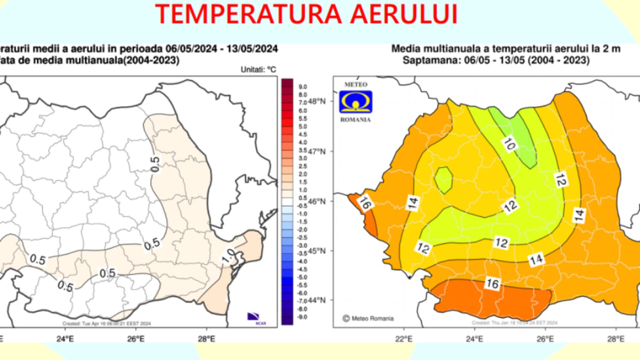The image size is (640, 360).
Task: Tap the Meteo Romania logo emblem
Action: point(356,102)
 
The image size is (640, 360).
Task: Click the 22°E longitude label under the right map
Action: point(404,339)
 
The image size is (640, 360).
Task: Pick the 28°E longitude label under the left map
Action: point(206,339)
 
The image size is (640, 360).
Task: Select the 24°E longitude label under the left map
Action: point(65,339)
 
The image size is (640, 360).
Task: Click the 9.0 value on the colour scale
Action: point(302,87)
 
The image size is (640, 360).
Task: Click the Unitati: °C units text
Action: point(258,70)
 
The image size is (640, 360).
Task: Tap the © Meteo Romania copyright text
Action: point(368,318)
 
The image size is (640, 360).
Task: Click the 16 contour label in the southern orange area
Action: point(493,284)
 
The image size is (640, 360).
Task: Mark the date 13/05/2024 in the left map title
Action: point(252,49)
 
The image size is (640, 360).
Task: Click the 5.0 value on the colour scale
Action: point(302,127)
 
